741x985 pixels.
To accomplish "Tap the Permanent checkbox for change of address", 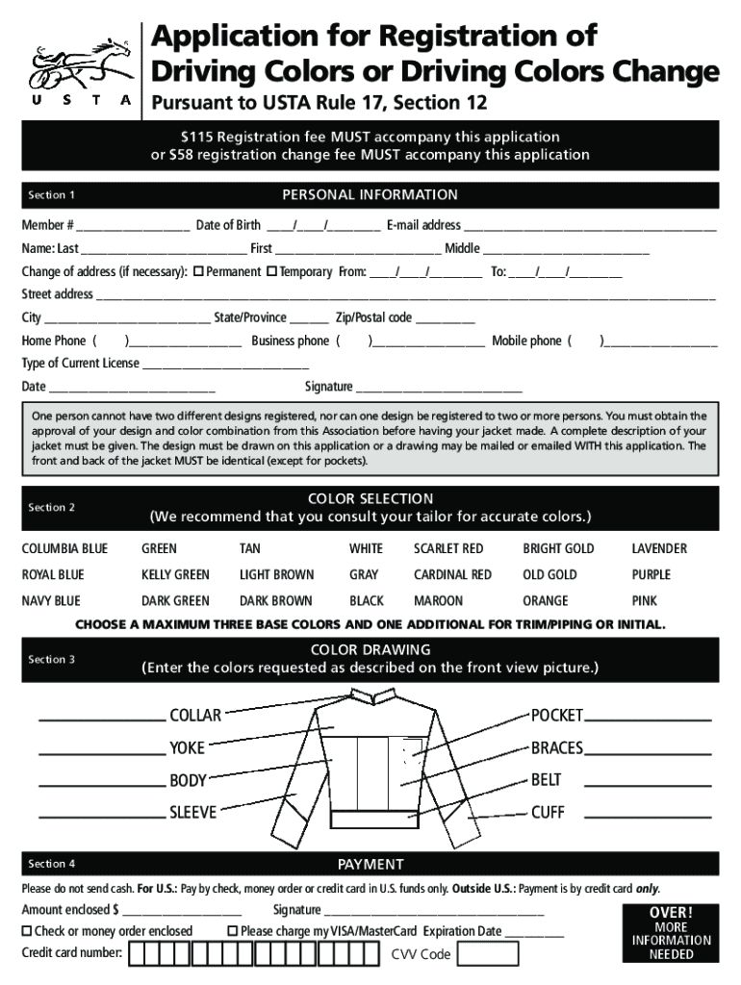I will tap(198, 272).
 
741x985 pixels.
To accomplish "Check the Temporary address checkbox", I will tap(271, 272).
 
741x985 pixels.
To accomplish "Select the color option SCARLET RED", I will tap(447, 548).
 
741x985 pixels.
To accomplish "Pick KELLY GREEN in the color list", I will tap(175, 574).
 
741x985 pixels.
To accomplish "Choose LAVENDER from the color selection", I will tap(658, 548).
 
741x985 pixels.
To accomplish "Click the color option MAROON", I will tap(438, 601).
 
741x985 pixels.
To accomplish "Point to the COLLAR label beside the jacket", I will tap(195, 715).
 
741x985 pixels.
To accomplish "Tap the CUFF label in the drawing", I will tap(548, 813).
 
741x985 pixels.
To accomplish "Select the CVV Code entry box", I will tap(487, 953).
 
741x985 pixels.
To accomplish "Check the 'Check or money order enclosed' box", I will tap(27, 931).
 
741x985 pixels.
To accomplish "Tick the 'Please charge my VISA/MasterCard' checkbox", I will tap(232, 931).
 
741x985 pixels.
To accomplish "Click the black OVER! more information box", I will tap(671, 932).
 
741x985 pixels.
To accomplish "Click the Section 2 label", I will tap(52, 507).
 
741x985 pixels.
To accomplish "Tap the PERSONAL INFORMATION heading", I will tap(370, 195).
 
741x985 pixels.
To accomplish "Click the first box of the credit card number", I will tap(138, 953).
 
